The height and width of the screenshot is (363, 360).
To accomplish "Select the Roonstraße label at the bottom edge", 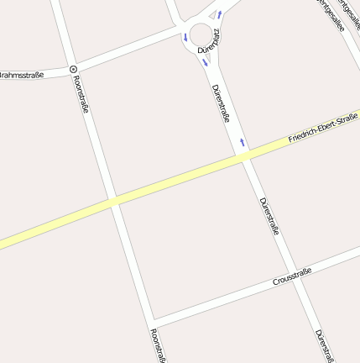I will [157, 346].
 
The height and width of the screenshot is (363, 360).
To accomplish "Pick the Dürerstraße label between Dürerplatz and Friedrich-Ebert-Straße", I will [221, 103].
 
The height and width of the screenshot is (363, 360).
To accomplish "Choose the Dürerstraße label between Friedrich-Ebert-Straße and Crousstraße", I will [269, 216].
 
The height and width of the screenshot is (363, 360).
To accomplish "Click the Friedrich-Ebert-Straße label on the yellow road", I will [323, 128].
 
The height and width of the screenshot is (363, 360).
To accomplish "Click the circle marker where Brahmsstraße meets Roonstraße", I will [73, 69].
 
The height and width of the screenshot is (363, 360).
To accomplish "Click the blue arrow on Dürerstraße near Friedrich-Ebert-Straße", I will [243, 142].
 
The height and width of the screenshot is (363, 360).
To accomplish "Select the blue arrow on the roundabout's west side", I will [184, 37].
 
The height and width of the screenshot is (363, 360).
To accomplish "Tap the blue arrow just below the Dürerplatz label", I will [204, 60].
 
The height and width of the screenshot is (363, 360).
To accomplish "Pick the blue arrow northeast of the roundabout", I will [219, 14].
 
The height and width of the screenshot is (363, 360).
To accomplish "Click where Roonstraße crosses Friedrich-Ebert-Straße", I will [112, 201].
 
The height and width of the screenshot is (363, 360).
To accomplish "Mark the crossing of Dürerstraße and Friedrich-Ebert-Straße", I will [245, 157].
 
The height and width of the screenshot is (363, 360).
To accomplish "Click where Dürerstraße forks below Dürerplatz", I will [210, 72].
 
